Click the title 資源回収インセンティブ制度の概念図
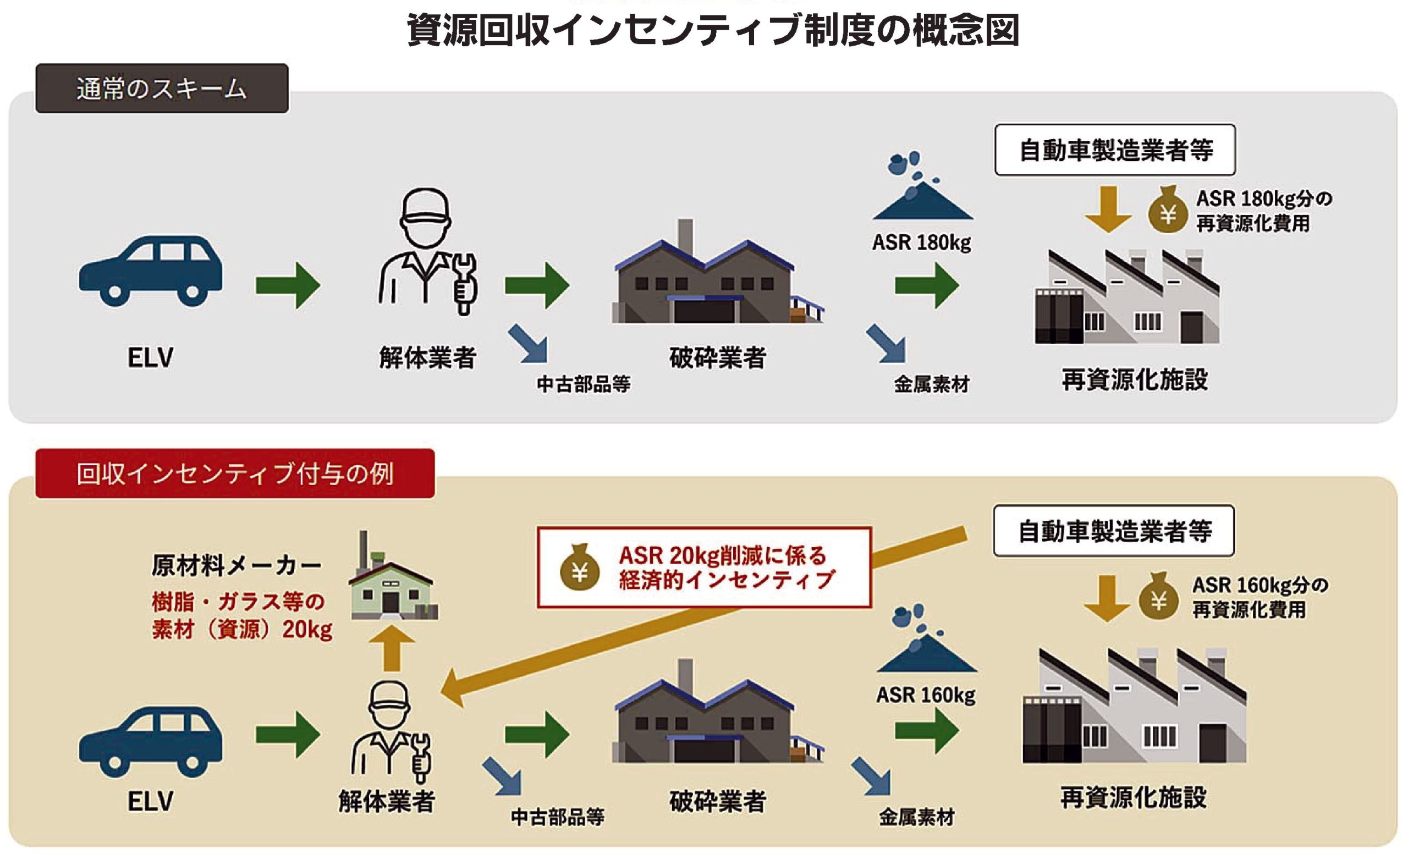(713, 30)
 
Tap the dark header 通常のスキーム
(162, 89)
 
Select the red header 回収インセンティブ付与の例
(235, 473)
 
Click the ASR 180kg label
(921, 243)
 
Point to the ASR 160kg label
(926, 695)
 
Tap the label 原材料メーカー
(237, 566)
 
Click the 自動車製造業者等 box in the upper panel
(1115, 150)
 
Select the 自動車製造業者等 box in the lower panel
(1114, 531)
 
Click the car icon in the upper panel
(151, 270)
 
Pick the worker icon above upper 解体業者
(427, 251)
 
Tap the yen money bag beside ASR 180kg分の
(1168, 211)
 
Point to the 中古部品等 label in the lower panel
(557, 817)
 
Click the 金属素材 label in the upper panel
(932, 384)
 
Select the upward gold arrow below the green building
(392, 649)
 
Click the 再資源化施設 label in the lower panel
(1133, 797)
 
